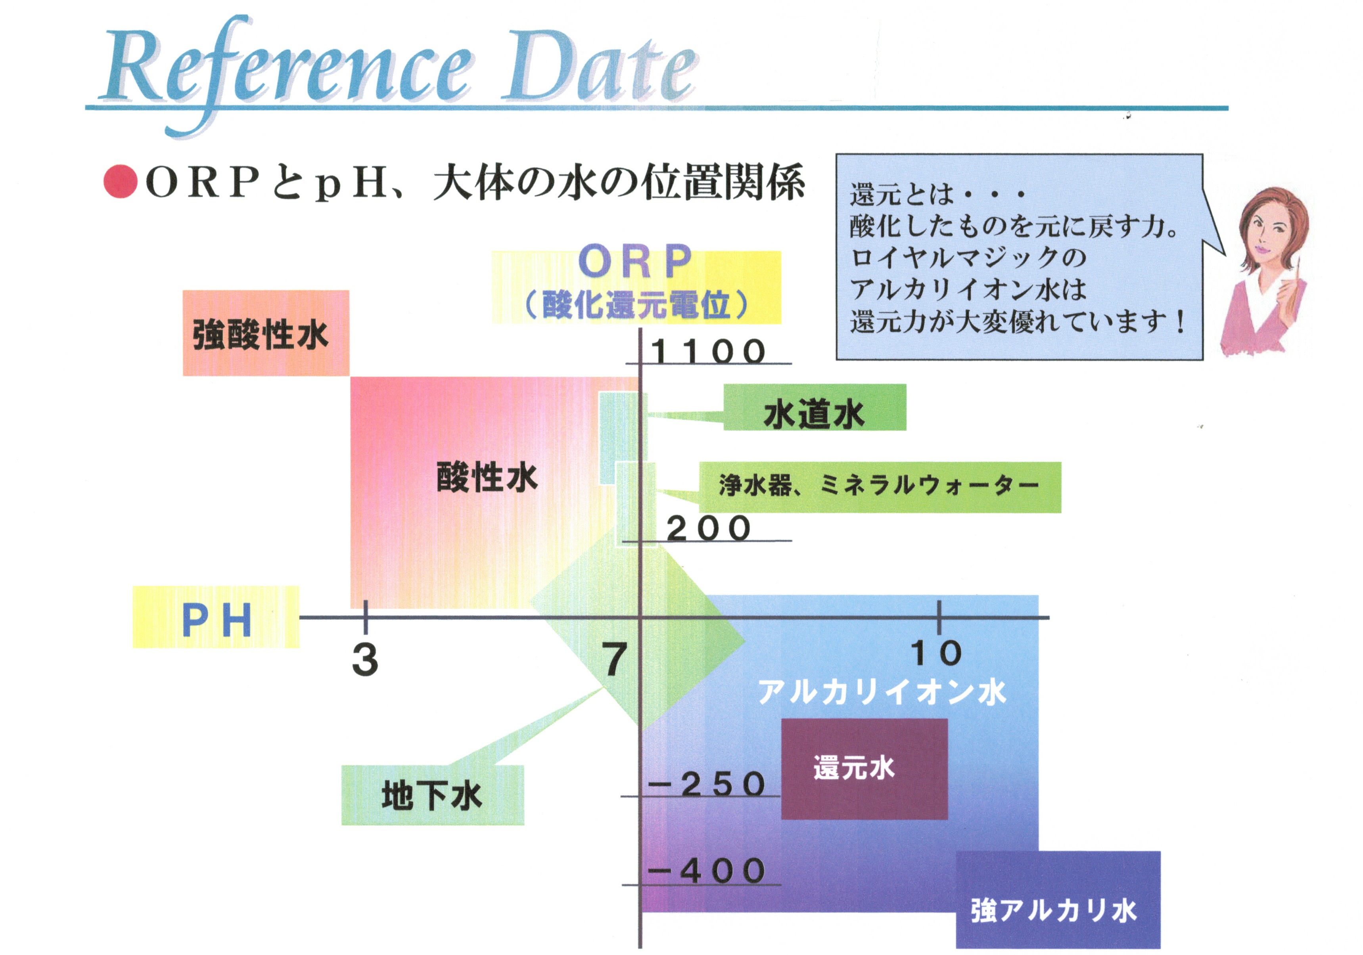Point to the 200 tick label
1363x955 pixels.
(x=708, y=528)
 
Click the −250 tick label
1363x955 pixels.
(x=706, y=784)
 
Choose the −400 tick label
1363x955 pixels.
(x=706, y=871)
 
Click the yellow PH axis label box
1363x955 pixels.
(x=216, y=617)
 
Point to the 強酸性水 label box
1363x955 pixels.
(x=266, y=333)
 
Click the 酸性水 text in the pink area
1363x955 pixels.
(x=487, y=477)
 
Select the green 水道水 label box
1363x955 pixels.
(x=815, y=407)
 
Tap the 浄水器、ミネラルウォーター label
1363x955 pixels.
(x=880, y=487)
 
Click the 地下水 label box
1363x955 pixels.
(x=433, y=795)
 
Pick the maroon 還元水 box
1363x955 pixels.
(x=865, y=769)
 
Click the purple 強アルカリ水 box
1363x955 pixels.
(x=1058, y=900)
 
